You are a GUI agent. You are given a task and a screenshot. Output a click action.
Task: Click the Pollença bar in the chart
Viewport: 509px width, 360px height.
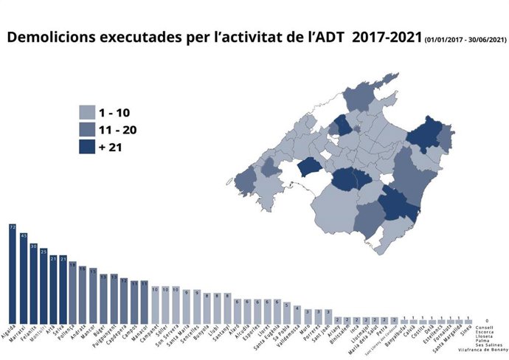click(73, 291)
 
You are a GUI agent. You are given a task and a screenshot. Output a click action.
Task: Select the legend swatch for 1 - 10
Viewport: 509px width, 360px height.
click(88, 112)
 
